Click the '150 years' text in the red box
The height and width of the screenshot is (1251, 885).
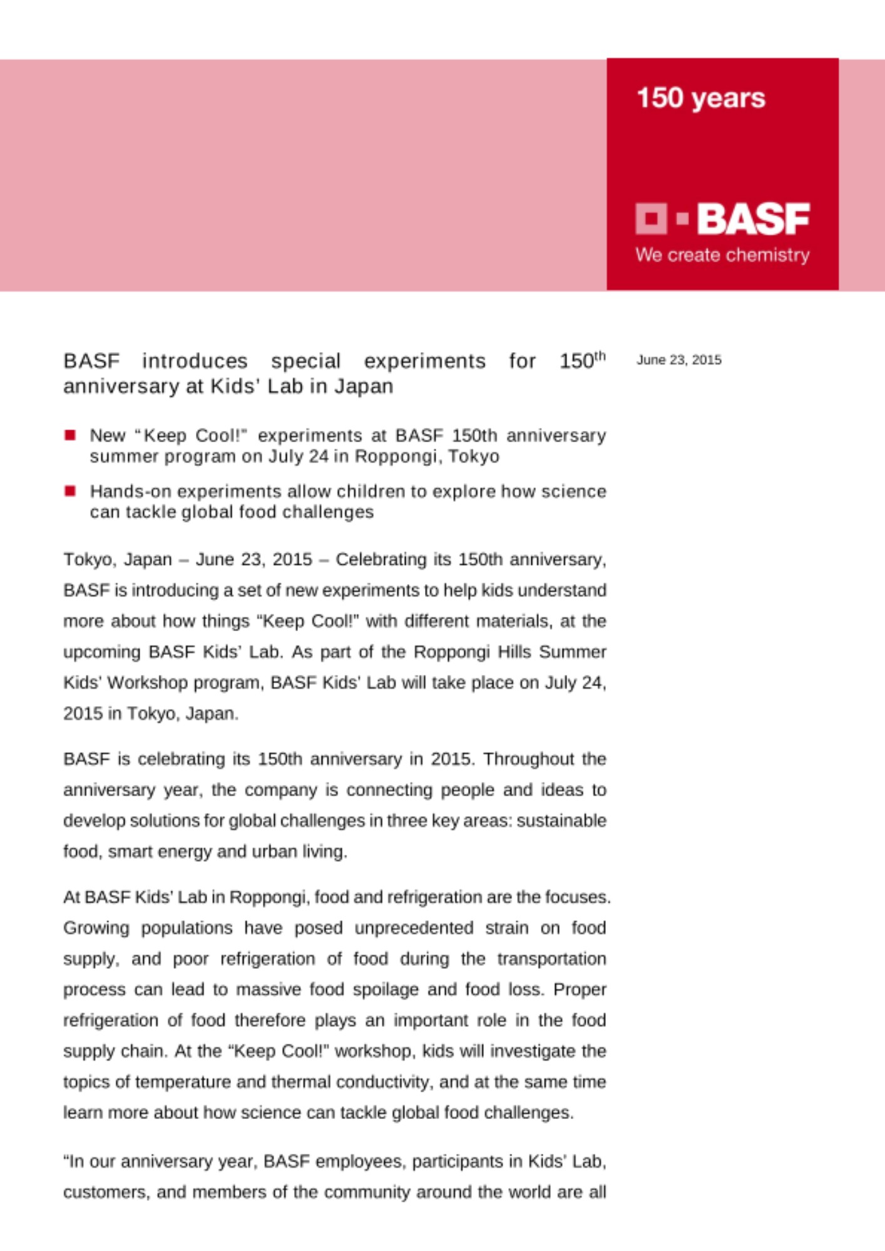click(700, 98)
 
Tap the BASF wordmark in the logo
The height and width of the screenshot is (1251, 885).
click(753, 219)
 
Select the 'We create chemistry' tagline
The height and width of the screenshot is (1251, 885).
click(722, 255)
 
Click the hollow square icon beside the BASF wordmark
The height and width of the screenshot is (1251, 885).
click(651, 219)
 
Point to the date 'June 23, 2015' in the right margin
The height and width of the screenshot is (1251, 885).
click(678, 360)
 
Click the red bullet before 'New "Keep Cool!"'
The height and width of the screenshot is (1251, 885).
click(70, 435)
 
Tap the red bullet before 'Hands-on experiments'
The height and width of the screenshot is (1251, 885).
click(70, 491)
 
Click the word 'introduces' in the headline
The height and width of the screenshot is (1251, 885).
click(195, 362)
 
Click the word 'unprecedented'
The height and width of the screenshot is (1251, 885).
click(414, 928)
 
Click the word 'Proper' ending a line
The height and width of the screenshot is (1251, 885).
click(580, 990)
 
